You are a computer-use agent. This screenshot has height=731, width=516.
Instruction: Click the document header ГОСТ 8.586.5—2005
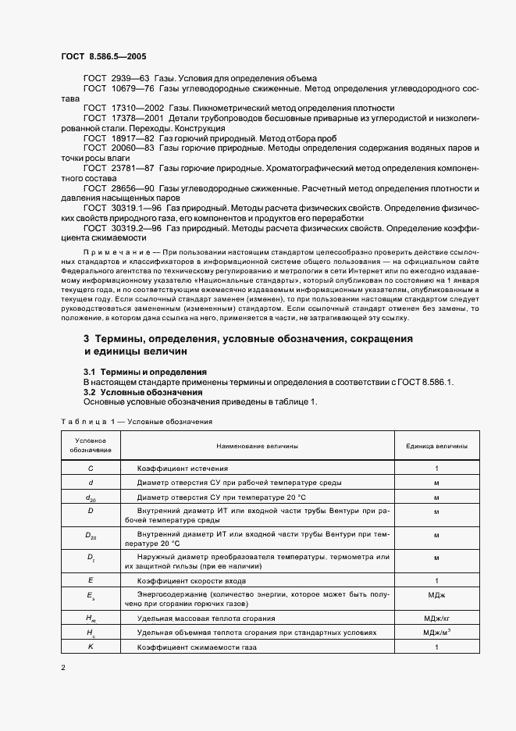103,57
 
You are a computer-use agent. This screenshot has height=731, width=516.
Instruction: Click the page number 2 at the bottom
63,668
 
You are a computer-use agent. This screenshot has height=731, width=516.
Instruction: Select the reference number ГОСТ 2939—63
116,79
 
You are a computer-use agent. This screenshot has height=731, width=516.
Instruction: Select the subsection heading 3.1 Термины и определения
145,372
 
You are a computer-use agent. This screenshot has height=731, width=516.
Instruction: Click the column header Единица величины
436,446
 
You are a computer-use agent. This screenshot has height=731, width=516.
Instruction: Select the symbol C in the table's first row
91,468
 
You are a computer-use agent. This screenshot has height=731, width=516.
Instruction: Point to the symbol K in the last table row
91,648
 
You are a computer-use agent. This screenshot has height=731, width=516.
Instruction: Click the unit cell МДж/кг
436,618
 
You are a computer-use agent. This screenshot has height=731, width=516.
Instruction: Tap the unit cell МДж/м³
436,633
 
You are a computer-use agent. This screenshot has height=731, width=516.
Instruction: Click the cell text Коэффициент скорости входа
193,582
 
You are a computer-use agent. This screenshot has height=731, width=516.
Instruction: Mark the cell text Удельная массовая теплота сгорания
205,618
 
